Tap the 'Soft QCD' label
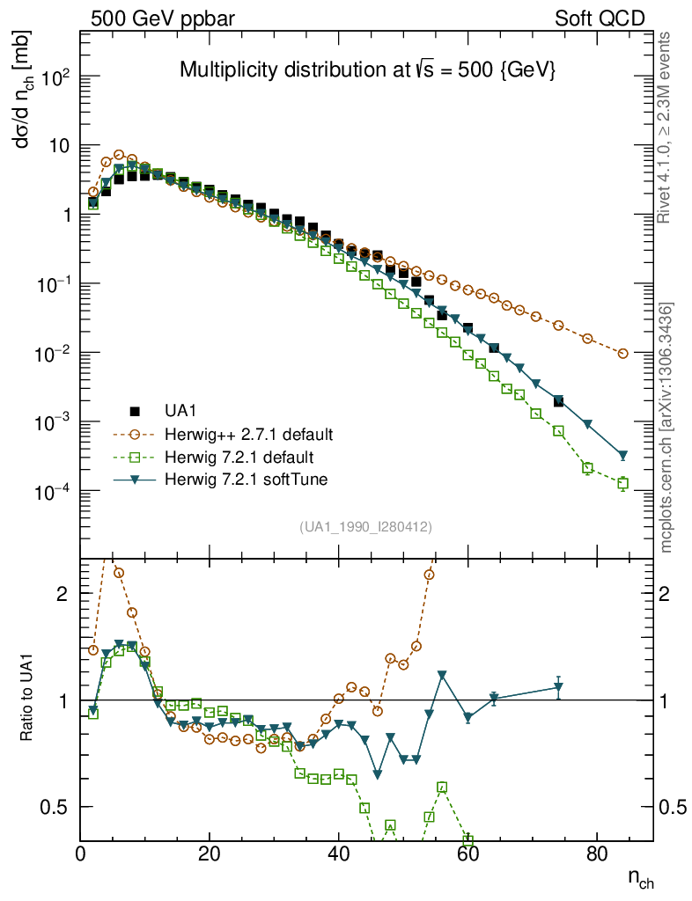click(600, 18)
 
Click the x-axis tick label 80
click(597, 853)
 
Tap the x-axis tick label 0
click(80, 853)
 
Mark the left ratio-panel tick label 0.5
click(55, 807)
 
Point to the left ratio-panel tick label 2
click(62, 594)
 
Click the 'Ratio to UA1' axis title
click(26, 700)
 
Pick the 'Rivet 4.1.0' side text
click(666, 128)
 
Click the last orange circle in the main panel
click(623, 354)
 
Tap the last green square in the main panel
click(623, 483)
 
